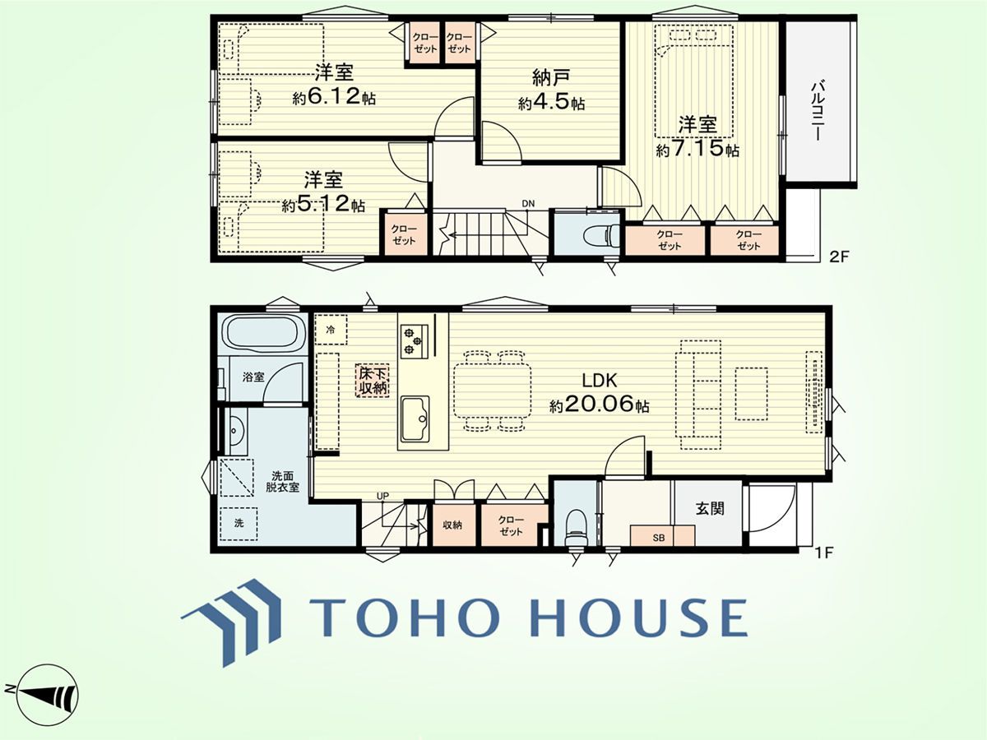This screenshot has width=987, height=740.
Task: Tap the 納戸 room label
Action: point(551,78)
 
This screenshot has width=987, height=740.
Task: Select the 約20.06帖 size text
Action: point(599,405)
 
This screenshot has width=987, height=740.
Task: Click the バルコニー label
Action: point(817,110)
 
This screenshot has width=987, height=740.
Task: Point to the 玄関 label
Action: point(710,508)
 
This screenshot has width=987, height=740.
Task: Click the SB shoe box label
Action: point(659,538)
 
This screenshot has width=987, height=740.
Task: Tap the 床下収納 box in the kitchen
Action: point(373,380)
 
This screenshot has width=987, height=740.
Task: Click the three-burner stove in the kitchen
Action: point(414,340)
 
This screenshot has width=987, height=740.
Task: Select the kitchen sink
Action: point(415,419)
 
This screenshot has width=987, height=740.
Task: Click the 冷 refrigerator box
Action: point(331,330)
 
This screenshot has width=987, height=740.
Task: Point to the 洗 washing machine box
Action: point(239,524)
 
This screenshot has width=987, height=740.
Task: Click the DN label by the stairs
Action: point(528,204)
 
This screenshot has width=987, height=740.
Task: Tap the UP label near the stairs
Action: point(382,496)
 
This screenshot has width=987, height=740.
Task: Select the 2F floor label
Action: point(839,257)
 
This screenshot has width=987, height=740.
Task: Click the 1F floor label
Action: point(824,553)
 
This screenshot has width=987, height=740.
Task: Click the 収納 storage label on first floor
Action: point(452,525)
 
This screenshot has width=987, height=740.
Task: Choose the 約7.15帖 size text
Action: point(697,149)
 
